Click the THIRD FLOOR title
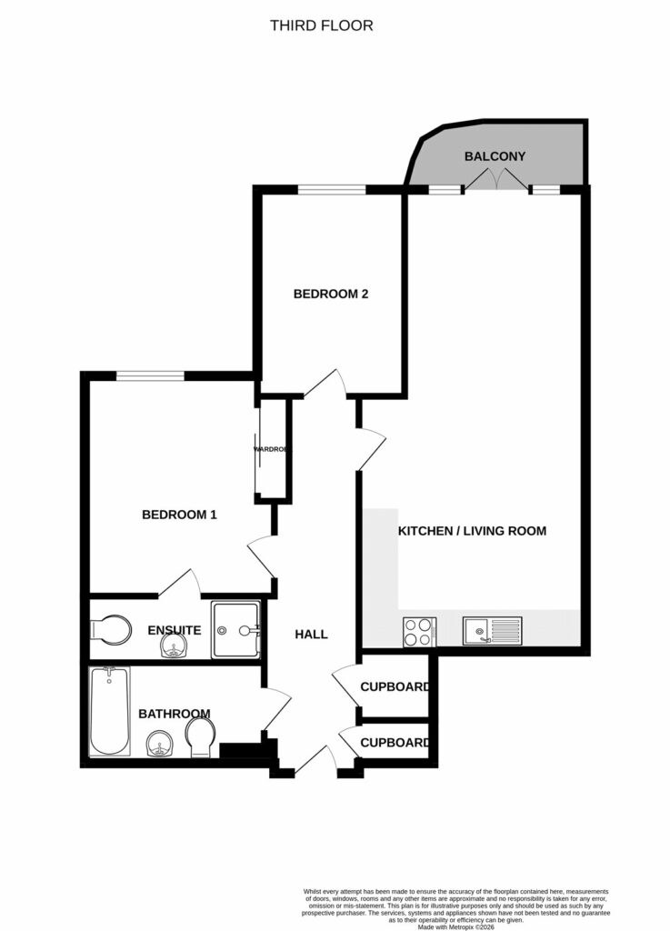click(321, 25)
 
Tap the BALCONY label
click(495, 156)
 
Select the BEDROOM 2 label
click(330, 294)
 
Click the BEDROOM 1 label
click(179, 515)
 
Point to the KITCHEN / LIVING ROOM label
click(472, 530)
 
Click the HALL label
click(310, 634)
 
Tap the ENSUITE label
click(174, 630)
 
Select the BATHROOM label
click(175, 714)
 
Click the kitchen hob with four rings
click(418, 631)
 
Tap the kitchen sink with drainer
click(492, 631)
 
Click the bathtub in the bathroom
click(109, 712)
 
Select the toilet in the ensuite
click(112, 629)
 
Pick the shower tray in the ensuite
click(235, 629)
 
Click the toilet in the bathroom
click(200, 736)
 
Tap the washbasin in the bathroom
click(160, 746)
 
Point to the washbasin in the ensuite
click(174, 647)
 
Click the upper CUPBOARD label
click(395, 686)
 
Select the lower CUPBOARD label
click(395, 743)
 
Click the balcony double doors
click(495, 184)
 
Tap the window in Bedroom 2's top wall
click(332, 189)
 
